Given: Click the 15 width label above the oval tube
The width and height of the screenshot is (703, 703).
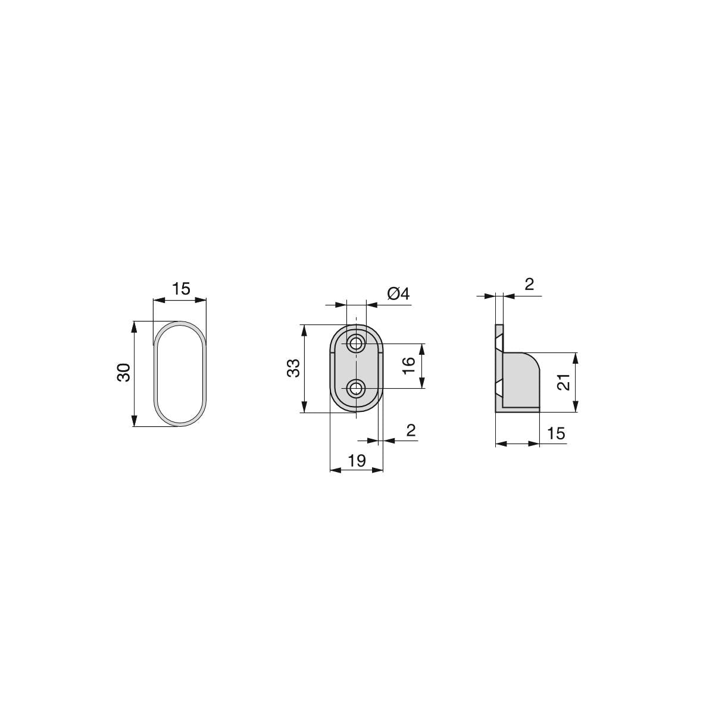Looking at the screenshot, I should pyautogui.click(x=181, y=289).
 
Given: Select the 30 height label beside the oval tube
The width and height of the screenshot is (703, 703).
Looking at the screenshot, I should pyautogui.click(x=123, y=373).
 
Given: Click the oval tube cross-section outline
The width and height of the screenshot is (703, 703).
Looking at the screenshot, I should pyautogui.click(x=157, y=373).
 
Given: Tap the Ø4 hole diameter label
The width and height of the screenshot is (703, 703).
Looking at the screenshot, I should pyautogui.click(x=398, y=294).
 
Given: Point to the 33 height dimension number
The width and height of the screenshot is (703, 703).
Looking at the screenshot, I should pyautogui.click(x=293, y=368).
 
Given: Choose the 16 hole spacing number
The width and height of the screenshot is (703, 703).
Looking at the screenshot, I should pyautogui.click(x=408, y=365).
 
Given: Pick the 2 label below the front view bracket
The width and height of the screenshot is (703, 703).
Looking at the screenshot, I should pyautogui.click(x=411, y=431).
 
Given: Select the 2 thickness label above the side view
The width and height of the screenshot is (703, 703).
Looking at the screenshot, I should pyautogui.click(x=529, y=285).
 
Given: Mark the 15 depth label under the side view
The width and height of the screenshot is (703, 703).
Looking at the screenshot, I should pyautogui.click(x=555, y=433).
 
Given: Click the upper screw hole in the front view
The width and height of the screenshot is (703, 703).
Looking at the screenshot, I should pyautogui.click(x=357, y=343).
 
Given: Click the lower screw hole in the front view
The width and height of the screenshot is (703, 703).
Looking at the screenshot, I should pyautogui.click(x=357, y=389).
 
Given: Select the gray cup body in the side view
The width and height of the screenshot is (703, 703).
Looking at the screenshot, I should pyautogui.click(x=521, y=381).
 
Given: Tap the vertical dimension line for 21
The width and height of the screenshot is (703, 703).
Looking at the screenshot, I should pyautogui.click(x=576, y=382).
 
